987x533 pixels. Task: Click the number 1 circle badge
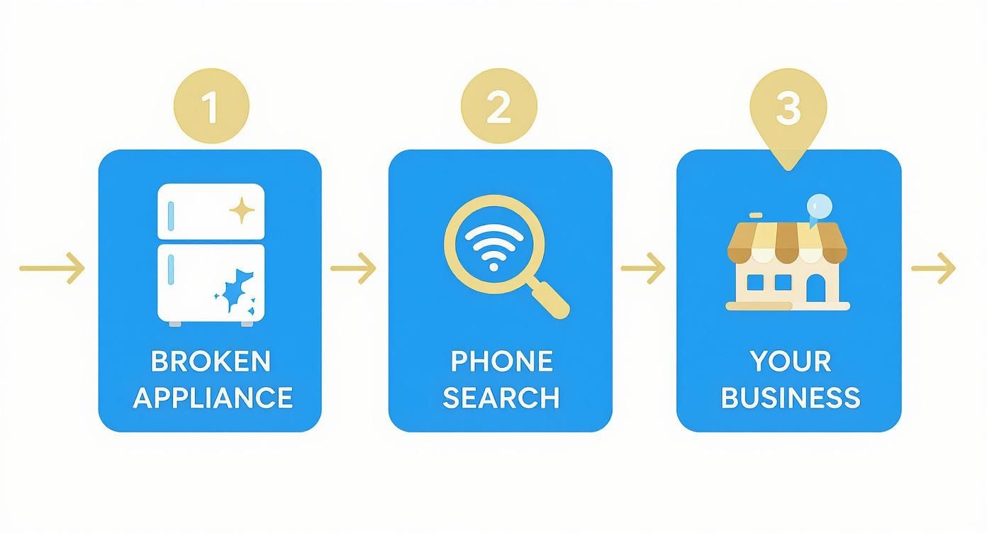[x=211, y=107]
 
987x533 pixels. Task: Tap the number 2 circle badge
[x=498, y=107]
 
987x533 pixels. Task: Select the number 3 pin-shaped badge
[x=788, y=111]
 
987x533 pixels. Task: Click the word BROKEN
[x=211, y=361]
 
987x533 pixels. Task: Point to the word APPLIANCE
[x=213, y=398]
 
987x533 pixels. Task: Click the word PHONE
[x=501, y=361]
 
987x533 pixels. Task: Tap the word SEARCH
[x=501, y=398]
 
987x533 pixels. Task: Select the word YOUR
[x=790, y=361]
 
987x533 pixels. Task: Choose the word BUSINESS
[x=790, y=398]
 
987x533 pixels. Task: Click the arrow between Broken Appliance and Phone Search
[x=354, y=268]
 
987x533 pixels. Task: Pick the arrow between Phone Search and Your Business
[x=643, y=268]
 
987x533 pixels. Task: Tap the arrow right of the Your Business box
[x=933, y=268]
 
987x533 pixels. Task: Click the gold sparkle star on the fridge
[x=242, y=210]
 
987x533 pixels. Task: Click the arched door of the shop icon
[x=816, y=286]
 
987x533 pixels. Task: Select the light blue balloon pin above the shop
[x=820, y=205]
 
